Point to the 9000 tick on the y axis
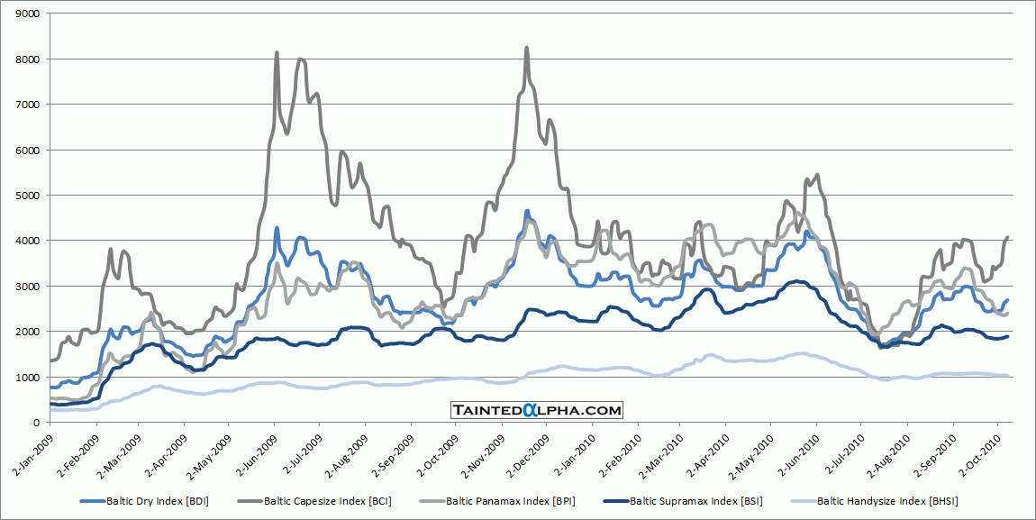27,14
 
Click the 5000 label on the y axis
27,195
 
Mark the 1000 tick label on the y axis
27,377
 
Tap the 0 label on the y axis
35,422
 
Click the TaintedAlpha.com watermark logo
537,410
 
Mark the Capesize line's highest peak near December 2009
526,48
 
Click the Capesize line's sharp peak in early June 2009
277,52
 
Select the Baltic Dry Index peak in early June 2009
277,228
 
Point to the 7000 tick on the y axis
27,104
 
